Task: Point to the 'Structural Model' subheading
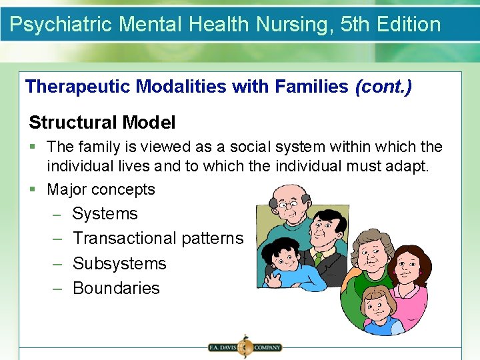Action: tap(102, 122)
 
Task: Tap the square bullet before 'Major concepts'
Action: tap(33, 189)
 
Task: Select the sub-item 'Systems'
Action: tap(105, 214)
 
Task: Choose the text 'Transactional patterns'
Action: tap(158, 238)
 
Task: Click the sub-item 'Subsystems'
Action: tap(119, 263)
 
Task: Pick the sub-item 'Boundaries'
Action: tap(116, 288)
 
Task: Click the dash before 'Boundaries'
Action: tap(57, 288)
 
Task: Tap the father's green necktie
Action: tap(318, 256)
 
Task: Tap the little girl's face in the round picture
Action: tap(377, 307)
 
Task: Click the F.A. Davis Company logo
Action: tap(244, 347)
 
